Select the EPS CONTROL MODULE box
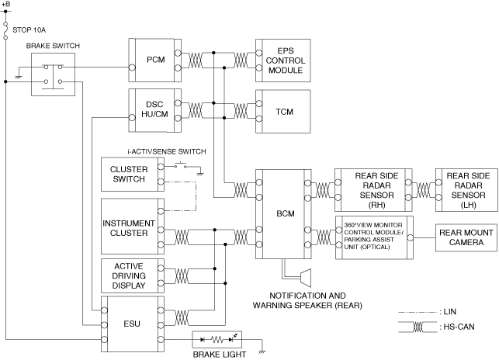coord(286,60)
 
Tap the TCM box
coord(286,110)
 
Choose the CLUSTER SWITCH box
coord(129,175)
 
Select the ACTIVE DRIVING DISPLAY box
coord(129,277)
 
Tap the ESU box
coord(129,327)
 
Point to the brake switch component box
coord(51,74)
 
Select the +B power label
coord(6,5)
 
